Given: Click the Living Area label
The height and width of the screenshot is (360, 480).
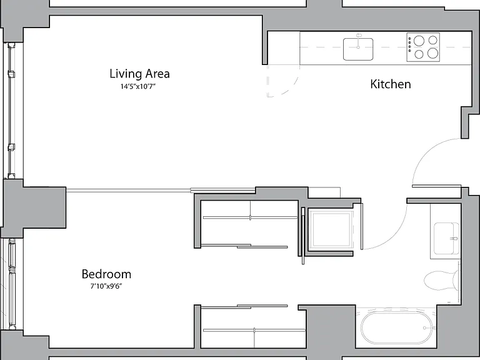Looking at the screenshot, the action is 139,74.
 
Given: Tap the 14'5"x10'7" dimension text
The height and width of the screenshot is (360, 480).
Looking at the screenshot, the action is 138,87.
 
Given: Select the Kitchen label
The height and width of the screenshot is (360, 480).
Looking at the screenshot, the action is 390,84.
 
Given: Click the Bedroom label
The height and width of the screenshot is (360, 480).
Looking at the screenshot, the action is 106,274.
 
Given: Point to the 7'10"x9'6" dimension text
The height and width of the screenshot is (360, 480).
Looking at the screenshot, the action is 106,286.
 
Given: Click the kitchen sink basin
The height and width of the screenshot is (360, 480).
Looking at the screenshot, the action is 358,49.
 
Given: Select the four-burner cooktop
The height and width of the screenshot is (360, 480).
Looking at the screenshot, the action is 423,47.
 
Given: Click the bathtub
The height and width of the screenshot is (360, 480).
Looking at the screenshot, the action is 397,328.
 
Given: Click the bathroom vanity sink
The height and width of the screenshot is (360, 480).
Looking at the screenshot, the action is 447,239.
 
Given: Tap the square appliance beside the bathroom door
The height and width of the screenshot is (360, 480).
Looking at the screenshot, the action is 330,229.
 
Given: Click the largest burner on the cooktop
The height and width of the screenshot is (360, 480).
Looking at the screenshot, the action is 433,53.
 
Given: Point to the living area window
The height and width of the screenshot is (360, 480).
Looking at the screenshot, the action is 11,111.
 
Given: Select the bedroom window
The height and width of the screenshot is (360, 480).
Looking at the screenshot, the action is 11,284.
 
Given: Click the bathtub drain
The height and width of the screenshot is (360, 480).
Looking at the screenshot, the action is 424,328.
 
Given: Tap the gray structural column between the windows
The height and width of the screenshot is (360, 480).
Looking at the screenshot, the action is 34,207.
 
